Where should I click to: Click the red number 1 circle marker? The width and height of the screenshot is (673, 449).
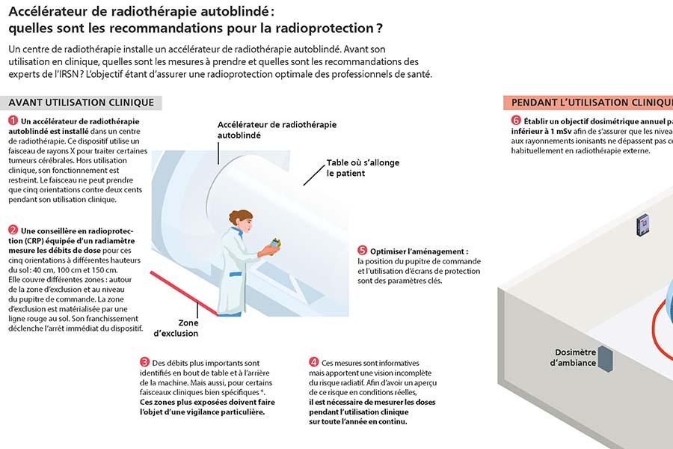[13, 120]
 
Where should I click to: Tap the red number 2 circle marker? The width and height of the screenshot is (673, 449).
[13, 230]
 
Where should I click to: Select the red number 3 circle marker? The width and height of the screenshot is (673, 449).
[144, 361]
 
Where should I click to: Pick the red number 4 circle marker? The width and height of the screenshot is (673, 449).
[313, 361]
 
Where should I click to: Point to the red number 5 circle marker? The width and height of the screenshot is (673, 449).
[362, 250]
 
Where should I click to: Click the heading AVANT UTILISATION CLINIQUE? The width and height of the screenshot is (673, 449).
[82, 103]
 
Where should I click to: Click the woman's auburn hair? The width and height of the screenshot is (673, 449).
[239, 218]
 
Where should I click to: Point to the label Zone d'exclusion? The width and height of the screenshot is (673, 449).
[176, 328]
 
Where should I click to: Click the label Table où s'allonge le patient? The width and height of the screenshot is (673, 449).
[362, 168]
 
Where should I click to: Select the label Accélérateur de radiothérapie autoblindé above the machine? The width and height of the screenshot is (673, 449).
[277, 129]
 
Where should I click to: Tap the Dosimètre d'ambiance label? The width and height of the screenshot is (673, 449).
[574, 357]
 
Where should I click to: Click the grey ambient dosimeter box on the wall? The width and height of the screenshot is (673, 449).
[606, 358]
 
